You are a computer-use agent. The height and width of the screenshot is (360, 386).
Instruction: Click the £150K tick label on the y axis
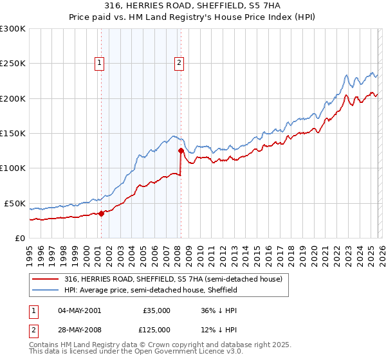pyautogui.click(x=12, y=134)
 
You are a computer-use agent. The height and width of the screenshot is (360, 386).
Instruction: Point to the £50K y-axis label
pyautogui.click(x=14, y=203)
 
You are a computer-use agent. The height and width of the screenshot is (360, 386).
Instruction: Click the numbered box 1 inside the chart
pyautogui.click(x=100, y=62)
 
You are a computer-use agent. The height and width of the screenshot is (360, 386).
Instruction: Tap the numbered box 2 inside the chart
pyautogui.click(x=178, y=62)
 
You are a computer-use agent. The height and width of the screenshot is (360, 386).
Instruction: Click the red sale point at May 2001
pyautogui.click(x=101, y=214)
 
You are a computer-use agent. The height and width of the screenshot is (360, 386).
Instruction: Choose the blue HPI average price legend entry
pyautogui.click(x=151, y=291)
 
